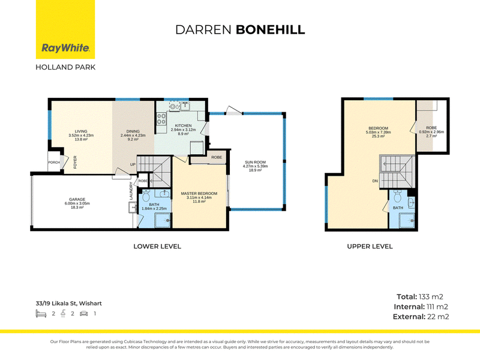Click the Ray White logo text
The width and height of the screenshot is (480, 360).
pyautogui.click(x=65, y=48)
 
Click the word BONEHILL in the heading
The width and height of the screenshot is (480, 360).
pyautogui.click(x=271, y=29)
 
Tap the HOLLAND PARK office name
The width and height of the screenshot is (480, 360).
pyautogui.click(x=65, y=67)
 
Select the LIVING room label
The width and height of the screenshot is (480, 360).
pyautogui.click(x=81, y=131)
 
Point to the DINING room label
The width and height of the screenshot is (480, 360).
pyautogui.click(x=133, y=131)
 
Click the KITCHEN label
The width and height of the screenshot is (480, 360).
pyautogui.click(x=183, y=125)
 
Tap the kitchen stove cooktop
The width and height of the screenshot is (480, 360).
pyautogui.click(x=161, y=118)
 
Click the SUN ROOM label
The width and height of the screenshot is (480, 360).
pyautogui.click(x=256, y=162)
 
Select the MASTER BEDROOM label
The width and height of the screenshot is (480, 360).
pyautogui.click(x=199, y=193)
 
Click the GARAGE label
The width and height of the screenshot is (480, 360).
pyautogui.click(x=77, y=199)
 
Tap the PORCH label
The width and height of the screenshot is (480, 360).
pyautogui.click(x=54, y=162)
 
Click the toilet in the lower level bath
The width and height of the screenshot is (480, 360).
pyautogui.click(x=146, y=196)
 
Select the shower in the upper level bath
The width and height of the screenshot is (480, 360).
pyautogui.click(x=407, y=220)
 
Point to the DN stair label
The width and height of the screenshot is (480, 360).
pyautogui.click(x=375, y=181)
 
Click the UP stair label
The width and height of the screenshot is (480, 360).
pyautogui.click(x=133, y=164)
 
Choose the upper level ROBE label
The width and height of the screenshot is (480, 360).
pyautogui.click(x=431, y=128)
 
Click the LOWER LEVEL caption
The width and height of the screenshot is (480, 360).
pyautogui.click(x=157, y=247)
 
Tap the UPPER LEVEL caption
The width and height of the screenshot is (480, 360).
pyautogui.click(x=370, y=247)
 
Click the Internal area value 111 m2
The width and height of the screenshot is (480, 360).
pyautogui.click(x=437, y=307)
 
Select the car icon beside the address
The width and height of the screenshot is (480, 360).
pyautogui.click(x=84, y=313)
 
